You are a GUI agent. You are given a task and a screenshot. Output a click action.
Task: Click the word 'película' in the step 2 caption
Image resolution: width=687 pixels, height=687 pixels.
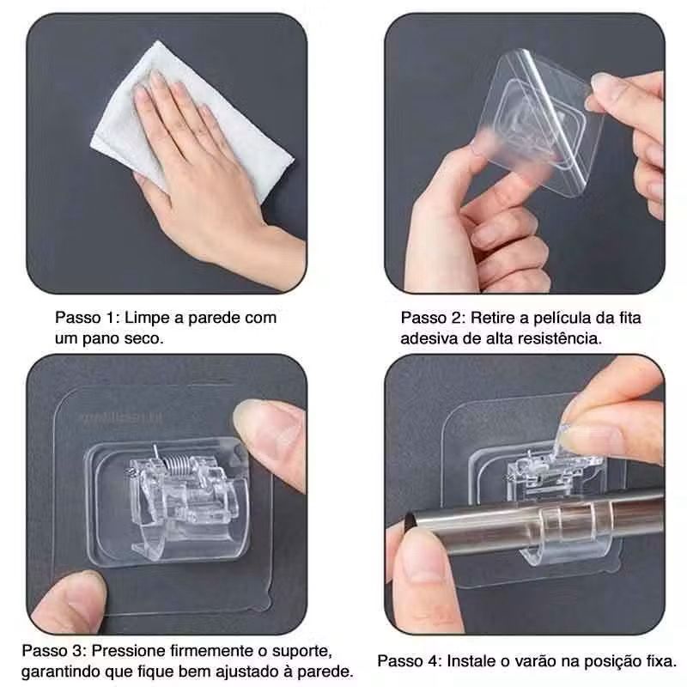(x=556, y=318)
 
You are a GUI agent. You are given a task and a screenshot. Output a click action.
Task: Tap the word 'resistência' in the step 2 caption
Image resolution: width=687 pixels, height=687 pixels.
(x=561, y=338)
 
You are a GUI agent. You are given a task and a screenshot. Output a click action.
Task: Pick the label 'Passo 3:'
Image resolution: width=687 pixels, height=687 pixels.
(x=53, y=648)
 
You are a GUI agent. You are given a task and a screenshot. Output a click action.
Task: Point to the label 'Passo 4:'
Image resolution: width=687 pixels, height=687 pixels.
(x=409, y=661)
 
